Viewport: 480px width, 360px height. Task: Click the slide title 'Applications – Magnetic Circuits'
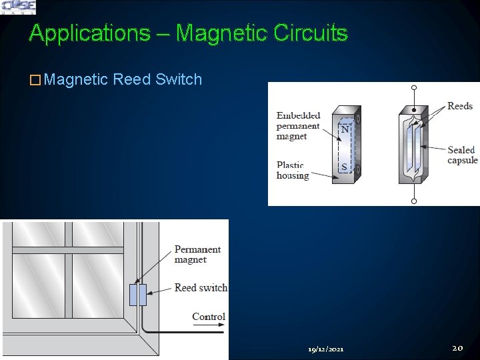click(189, 33)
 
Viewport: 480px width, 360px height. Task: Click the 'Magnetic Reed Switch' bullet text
click(124, 79)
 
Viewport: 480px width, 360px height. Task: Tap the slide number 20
click(457, 347)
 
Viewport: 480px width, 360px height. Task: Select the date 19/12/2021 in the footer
click(326, 349)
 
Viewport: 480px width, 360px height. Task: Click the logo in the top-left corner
click(18, 7)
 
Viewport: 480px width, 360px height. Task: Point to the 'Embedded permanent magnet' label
click(298, 125)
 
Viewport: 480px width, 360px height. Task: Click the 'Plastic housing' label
click(293, 171)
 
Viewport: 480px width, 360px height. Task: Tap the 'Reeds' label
click(459, 106)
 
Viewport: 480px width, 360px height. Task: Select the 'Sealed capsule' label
click(462, 155)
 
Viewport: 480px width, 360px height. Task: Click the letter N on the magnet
click(345, 129)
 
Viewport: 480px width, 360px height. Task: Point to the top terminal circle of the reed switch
click(414, 87)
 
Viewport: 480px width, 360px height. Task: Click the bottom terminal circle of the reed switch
click(414, 199)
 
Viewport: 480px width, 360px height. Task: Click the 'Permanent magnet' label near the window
click(197, 255)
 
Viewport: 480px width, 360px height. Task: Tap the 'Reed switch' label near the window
click(201, 288)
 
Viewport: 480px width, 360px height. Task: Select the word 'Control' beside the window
click(209, 317)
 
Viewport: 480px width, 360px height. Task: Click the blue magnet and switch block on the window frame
click(137, 295)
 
